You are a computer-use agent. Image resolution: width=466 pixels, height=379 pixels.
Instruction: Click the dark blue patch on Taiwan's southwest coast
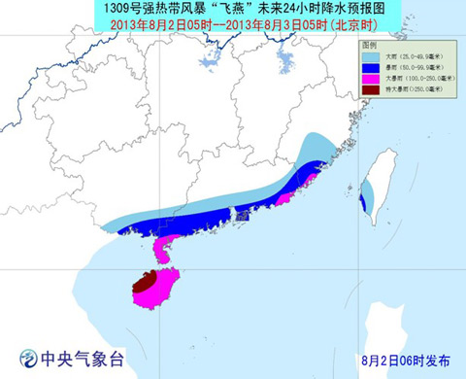click(x=362, y=203)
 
